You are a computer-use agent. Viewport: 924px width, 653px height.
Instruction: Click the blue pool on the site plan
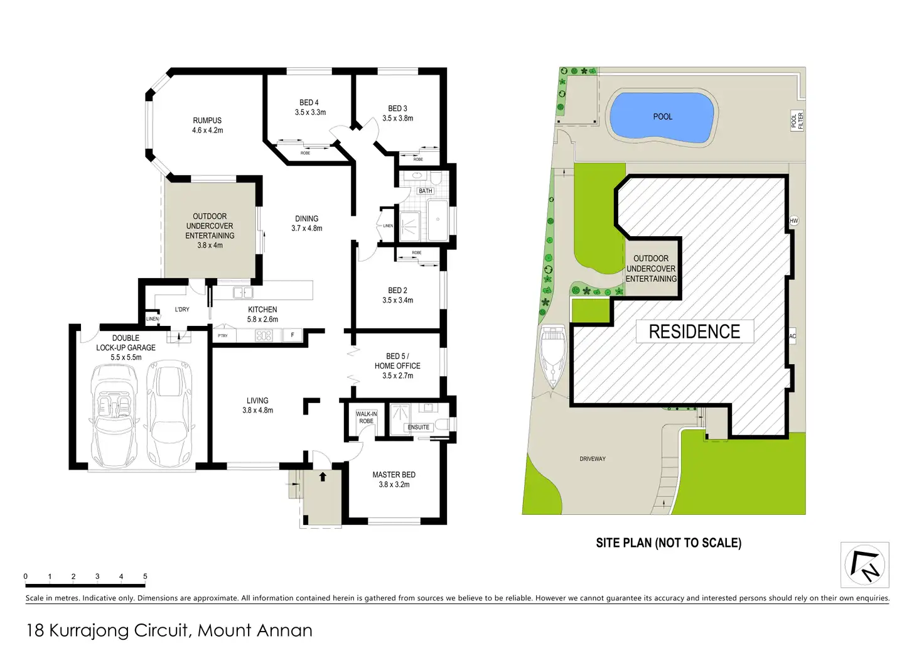662,117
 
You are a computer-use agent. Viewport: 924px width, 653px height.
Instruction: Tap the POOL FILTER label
797,121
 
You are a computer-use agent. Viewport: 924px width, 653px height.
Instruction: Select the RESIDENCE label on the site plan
694,332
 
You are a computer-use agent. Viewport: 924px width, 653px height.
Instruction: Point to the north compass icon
864,564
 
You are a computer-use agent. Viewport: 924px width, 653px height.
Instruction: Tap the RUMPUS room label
207,125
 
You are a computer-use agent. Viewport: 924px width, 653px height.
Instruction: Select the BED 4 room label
309,107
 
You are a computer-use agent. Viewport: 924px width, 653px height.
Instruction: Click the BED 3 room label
397,113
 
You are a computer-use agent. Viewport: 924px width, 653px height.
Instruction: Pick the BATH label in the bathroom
426,191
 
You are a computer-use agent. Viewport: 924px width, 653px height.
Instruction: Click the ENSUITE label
419,427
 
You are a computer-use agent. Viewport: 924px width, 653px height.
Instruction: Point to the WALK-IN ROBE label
366,418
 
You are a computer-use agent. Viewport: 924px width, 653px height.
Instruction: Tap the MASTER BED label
394,480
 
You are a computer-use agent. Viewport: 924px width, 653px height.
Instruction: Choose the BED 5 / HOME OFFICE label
397,365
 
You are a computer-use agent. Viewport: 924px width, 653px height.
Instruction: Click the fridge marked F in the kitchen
293,335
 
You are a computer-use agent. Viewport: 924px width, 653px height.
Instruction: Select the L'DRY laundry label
182,310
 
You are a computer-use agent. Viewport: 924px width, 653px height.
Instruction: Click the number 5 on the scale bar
145,576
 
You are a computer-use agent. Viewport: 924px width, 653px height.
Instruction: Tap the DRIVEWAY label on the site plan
593,459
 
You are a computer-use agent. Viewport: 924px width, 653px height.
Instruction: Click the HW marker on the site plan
793,221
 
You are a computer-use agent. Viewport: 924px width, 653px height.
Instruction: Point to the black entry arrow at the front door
323,477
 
